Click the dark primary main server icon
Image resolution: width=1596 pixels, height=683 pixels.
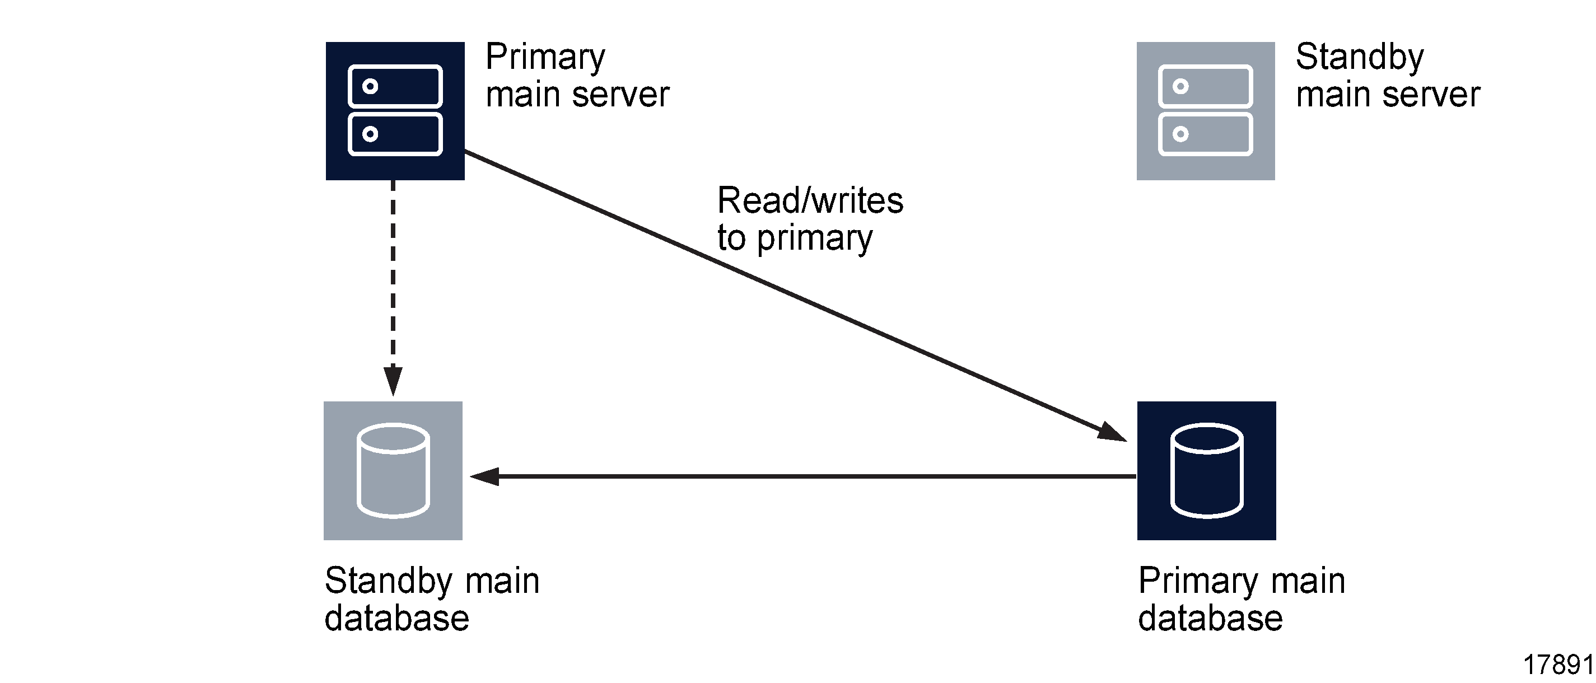coord(395,111)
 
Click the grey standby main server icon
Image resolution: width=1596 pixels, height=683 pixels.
coord(1205,111)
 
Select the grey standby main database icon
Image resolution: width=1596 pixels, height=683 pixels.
coord(393,470)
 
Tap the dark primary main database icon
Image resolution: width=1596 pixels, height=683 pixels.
coord(1206,470)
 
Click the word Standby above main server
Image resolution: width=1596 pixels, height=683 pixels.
coord(1359,58)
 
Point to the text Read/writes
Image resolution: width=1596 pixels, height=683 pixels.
coord(809,200)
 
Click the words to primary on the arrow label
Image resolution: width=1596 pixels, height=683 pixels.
coord(794,238)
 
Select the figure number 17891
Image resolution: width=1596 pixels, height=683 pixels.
coord(1557,665)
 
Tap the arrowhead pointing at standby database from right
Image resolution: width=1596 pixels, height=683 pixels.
coord(485,476)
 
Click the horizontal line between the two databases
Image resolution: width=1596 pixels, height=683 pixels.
coord(805,476)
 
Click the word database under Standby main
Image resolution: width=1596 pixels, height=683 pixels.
coord(396,619)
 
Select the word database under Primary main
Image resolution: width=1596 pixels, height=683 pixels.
coord(1210,619)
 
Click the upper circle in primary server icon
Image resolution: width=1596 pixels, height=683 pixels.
coord(370,86)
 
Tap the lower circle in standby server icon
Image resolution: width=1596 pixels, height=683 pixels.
coord(1180,134)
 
